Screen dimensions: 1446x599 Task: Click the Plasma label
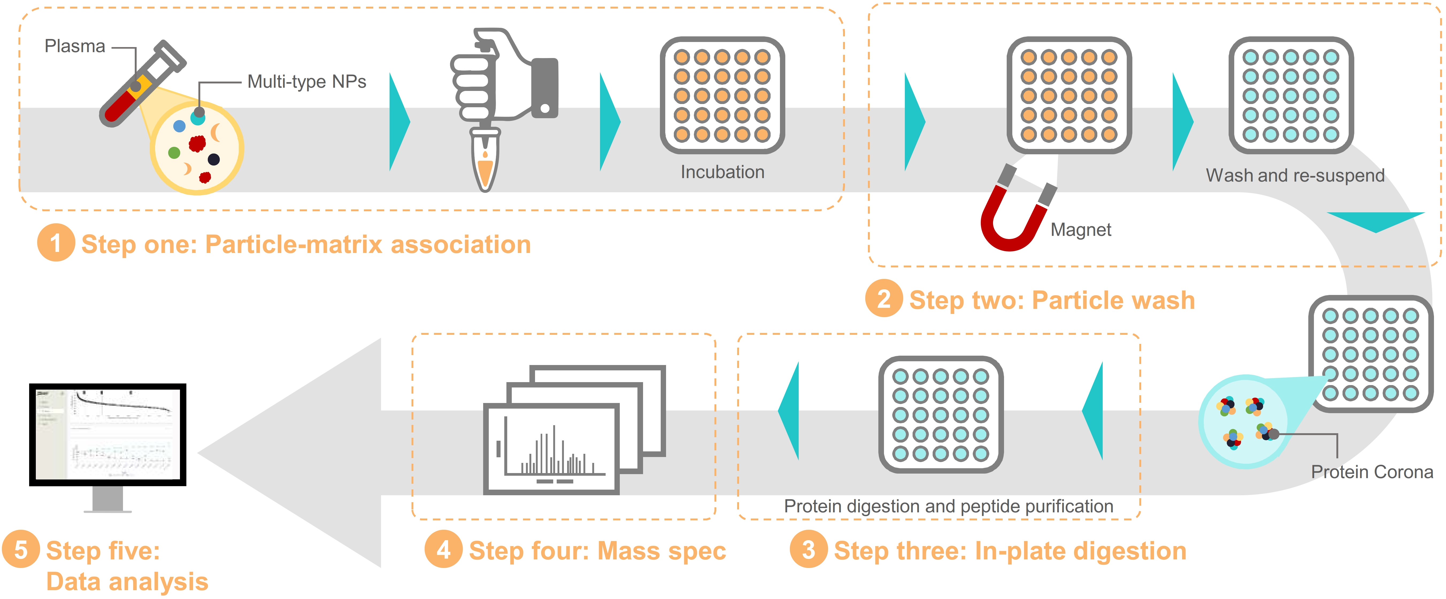[75, 46]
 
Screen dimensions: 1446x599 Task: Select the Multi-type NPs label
[306, 82]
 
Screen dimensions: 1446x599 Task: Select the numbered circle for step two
[883, 299]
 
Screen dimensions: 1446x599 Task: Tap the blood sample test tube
[140, 84]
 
